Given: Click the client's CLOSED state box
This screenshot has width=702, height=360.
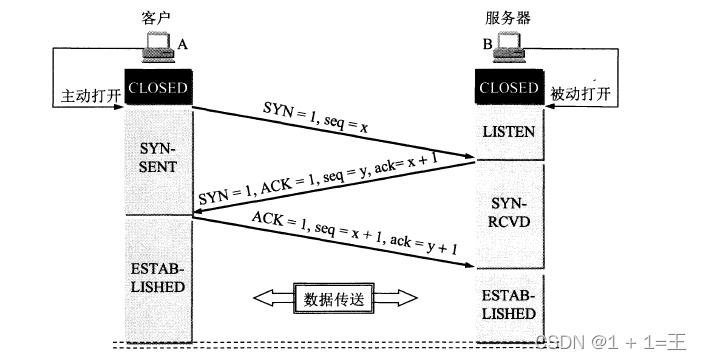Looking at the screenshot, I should pyautogui.click(x=157, y=88).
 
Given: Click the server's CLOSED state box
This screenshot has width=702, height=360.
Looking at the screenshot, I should pyautogui.click(x=508, y=88).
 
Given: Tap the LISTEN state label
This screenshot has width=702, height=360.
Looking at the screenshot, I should pyautogui.click(x=508, y=132).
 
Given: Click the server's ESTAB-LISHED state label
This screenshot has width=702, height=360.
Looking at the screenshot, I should pyautogui.click(x=508, y=305).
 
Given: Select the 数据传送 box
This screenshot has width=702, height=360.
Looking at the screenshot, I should pyautogui.click(x=332, y=297).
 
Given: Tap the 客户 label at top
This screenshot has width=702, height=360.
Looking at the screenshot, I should pyautogui.click(x=155, y=20).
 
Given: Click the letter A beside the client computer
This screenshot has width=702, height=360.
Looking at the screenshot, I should pyautogui.click(x=182, y=43).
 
